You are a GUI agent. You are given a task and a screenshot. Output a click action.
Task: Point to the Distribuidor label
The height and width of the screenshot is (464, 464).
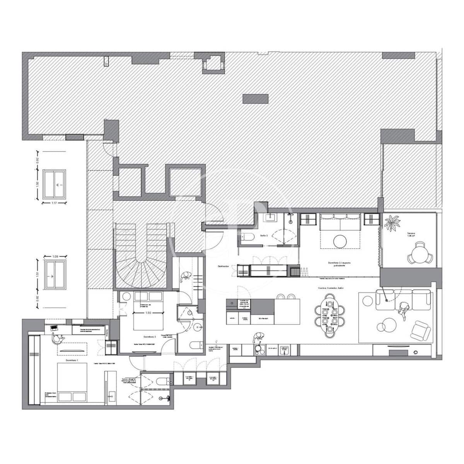coord(223,266)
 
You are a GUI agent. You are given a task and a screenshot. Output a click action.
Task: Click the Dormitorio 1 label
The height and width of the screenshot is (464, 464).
coord(72,360)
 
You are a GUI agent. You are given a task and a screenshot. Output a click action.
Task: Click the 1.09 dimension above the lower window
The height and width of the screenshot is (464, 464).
coord(55,256)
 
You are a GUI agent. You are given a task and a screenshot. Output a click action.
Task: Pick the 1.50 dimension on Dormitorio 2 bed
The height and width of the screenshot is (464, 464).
coord(147,313)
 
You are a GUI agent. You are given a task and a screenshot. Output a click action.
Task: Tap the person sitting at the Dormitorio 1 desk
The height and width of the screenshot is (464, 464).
coord(57,339)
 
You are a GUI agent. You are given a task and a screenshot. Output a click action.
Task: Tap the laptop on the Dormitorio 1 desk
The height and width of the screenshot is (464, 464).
coord(54,328)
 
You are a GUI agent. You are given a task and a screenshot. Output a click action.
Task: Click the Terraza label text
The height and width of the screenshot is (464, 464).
coord(411,234)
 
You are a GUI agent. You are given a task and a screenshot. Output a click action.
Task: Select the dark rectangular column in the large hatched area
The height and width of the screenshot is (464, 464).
coord(255,99)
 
